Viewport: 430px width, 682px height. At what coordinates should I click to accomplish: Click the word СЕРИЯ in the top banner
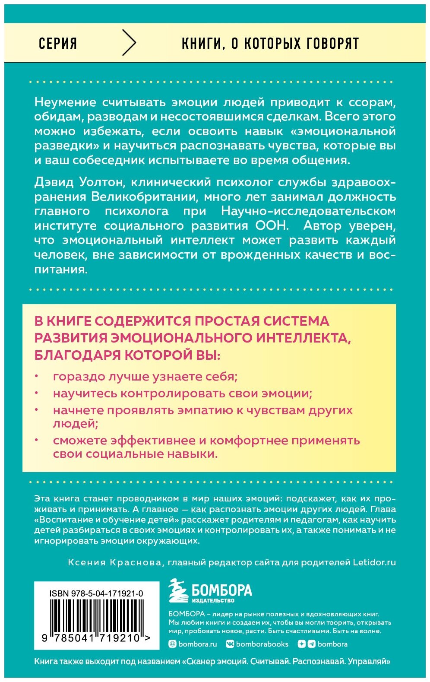point(58,43)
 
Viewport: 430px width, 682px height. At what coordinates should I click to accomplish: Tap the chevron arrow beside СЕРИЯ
point(129,43)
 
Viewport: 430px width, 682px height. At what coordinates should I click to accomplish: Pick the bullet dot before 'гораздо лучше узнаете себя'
point(37,376)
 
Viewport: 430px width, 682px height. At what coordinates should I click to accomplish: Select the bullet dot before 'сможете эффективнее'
point(37,440)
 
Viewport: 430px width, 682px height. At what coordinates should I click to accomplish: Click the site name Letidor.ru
point(374,562)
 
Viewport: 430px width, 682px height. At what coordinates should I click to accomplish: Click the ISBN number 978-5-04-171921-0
point(96,594)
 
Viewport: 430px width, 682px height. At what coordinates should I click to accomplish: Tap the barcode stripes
point(96,615)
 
